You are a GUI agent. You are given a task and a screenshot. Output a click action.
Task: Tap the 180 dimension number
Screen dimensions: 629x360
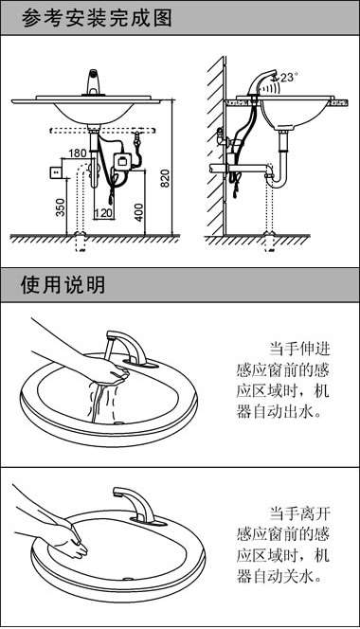(x=78, y=153)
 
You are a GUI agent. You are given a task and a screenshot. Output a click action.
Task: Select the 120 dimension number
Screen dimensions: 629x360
(x=103, y=214)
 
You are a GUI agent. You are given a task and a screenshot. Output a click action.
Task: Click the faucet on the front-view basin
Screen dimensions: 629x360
(x=93, y=83)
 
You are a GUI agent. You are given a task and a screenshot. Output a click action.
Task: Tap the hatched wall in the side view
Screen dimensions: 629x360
(x=216, y=142)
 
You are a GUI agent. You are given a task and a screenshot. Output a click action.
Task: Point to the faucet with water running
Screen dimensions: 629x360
(x=123, y=346)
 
